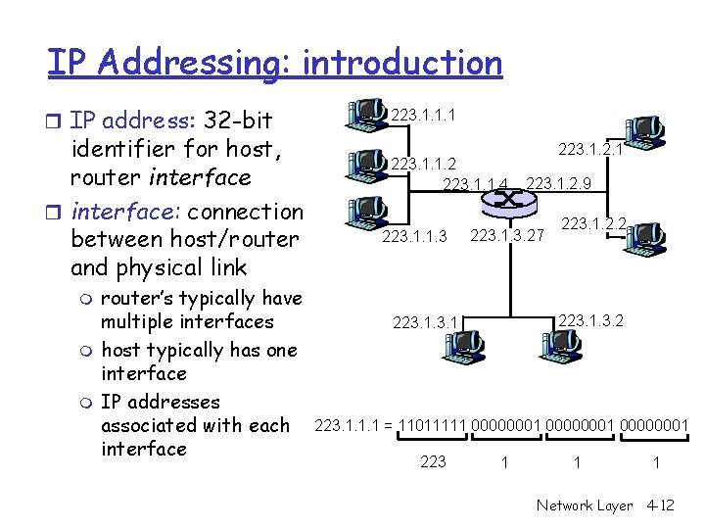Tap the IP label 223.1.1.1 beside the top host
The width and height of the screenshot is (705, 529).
[421, 117]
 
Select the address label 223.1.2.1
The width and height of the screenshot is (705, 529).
[590, 150]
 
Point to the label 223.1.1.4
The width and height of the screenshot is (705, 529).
[476, 183]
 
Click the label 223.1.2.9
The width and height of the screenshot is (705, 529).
[558, 183]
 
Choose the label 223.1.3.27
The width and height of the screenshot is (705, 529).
[507, 235]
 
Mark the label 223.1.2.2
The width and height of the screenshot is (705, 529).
[592, 224]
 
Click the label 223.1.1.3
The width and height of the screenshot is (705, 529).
[414, 235]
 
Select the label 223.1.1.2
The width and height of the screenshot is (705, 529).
[422, 163]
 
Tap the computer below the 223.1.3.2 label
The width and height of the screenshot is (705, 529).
[560, 343]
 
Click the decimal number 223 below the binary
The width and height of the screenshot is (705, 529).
[432, 461]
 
